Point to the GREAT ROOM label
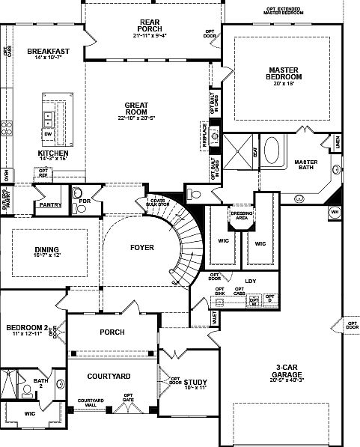(140, 106)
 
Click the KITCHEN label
(52, 153)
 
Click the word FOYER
(141, 247)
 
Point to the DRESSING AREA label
(242, 215)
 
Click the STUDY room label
(195, 382)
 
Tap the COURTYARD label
(109, 376)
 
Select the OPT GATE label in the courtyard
(128, 398)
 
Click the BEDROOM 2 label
(26, 328)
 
